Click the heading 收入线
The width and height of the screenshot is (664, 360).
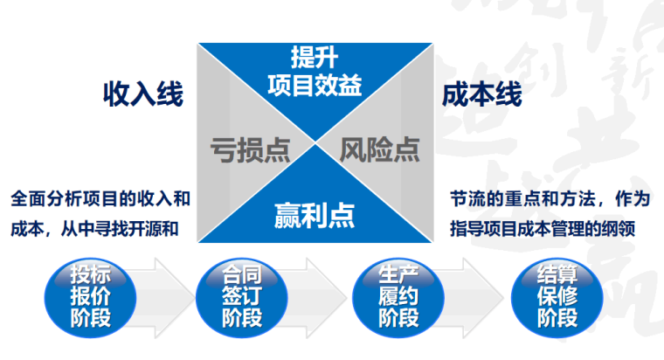click(x=143, y=94)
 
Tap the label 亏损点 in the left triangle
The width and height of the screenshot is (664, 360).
click(x=250, y=149)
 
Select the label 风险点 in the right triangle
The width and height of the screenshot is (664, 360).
click(x=379, y=149)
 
